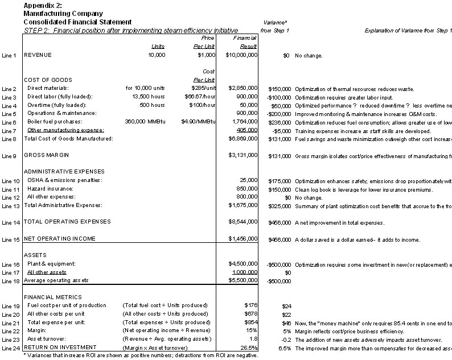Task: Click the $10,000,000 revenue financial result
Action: pyautogui.click(x=241, y=55)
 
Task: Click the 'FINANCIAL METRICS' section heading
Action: pyautogui.click(x=53, y=297)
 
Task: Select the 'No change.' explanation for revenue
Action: pyautogui.click(x=309, y=55)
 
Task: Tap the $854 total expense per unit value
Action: pyautogui.click(x=251, y=322)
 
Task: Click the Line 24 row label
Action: pyautogui.click(x=10, y=347)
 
